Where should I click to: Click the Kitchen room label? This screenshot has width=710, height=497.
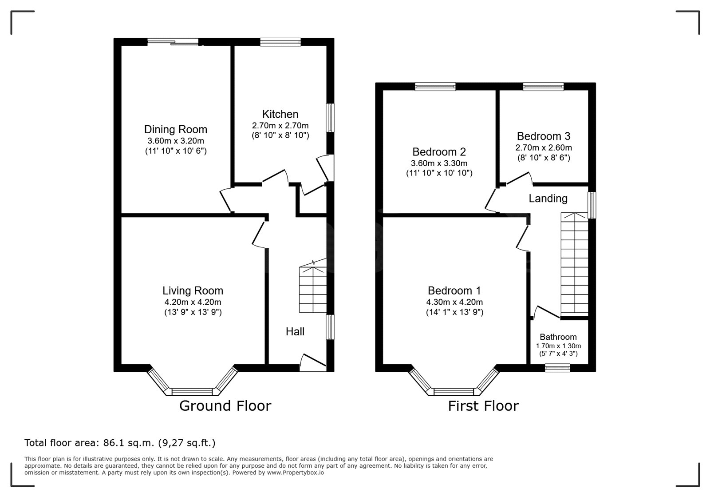280,114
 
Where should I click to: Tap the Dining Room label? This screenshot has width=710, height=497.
176,129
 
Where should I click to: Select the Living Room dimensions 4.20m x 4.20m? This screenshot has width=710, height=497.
193,302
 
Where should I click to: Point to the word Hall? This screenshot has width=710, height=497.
295,332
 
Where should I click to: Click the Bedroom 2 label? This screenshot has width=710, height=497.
439,152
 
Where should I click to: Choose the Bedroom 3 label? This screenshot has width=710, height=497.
544,136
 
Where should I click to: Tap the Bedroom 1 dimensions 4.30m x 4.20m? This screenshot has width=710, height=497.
454,302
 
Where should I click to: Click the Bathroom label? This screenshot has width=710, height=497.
558,337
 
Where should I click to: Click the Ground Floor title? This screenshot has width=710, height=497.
225,406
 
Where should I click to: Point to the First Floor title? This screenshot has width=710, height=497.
483,406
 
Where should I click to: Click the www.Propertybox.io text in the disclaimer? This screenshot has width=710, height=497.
296,473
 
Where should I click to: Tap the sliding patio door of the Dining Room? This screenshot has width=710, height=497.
173,42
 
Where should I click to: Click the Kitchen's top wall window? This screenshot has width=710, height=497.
280,42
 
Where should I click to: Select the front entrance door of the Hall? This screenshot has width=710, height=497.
313,363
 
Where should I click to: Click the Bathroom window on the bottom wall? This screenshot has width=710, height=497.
557,368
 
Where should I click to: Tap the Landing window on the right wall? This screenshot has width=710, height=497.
592,205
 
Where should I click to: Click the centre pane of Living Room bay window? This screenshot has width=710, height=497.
192,392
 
